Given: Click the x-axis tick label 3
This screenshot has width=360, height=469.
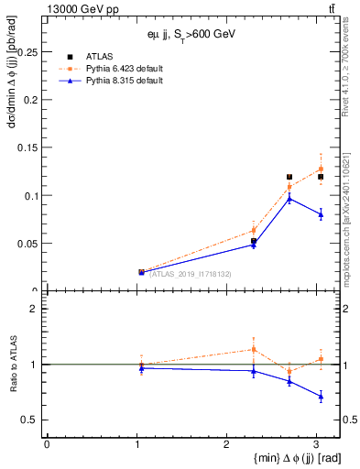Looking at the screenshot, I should pyautogui.click(x=316, y=444).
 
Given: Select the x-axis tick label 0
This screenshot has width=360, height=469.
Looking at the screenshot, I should pyautogui.click(x=47, y=444).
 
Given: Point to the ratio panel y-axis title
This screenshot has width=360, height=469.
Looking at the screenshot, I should pyautogui.click(x=12, y=365).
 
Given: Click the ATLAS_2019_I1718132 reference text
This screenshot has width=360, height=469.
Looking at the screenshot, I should pyautogui.click(x=183, y=274).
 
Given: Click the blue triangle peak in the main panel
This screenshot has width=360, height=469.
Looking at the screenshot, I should pyautogui.click(x=289, y=198).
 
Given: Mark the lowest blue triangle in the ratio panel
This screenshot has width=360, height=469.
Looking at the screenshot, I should pyautogui.click(x=321, y=397).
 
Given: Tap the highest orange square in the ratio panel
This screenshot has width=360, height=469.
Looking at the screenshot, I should pyautogui.click(x=253, y=349).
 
